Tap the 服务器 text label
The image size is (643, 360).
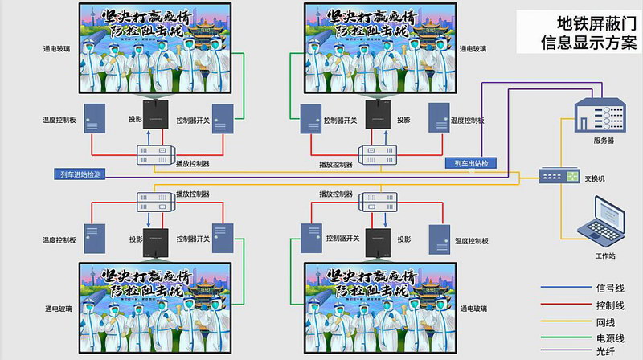[x=604, y=140]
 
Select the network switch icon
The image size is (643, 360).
[x=559, y=175]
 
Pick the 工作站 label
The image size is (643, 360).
[x=604, y=255]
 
